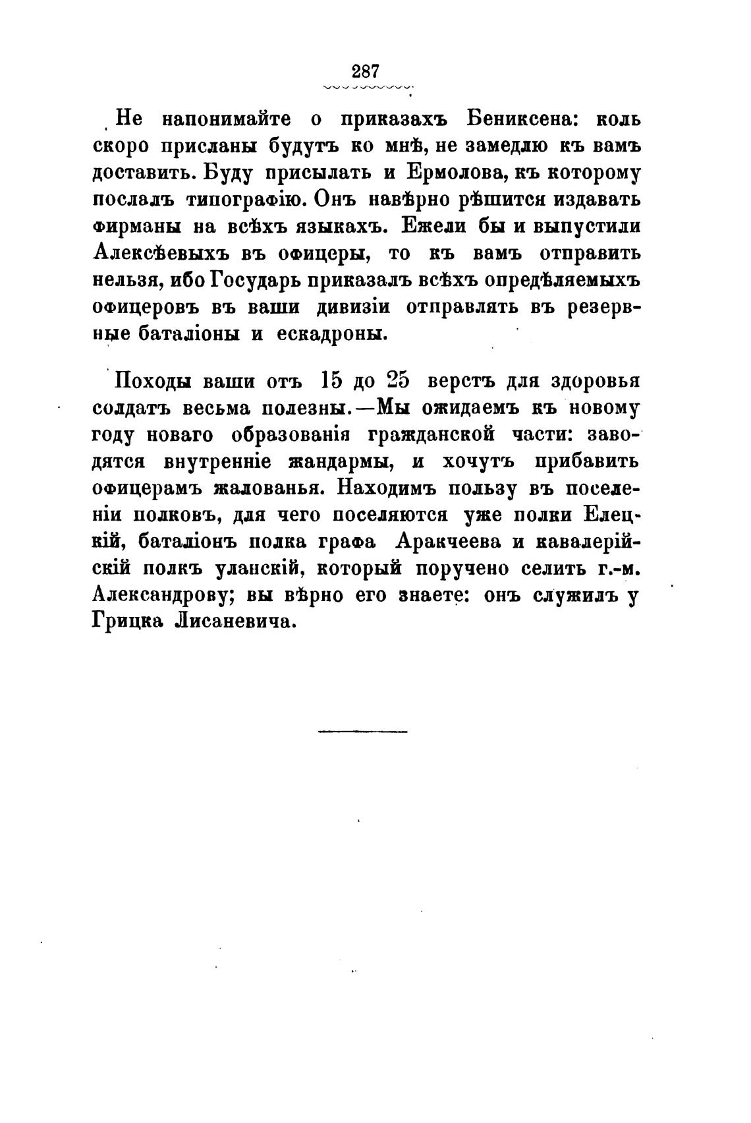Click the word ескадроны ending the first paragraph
(x=331, y=333)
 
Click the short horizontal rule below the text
(x=363, y=731)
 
